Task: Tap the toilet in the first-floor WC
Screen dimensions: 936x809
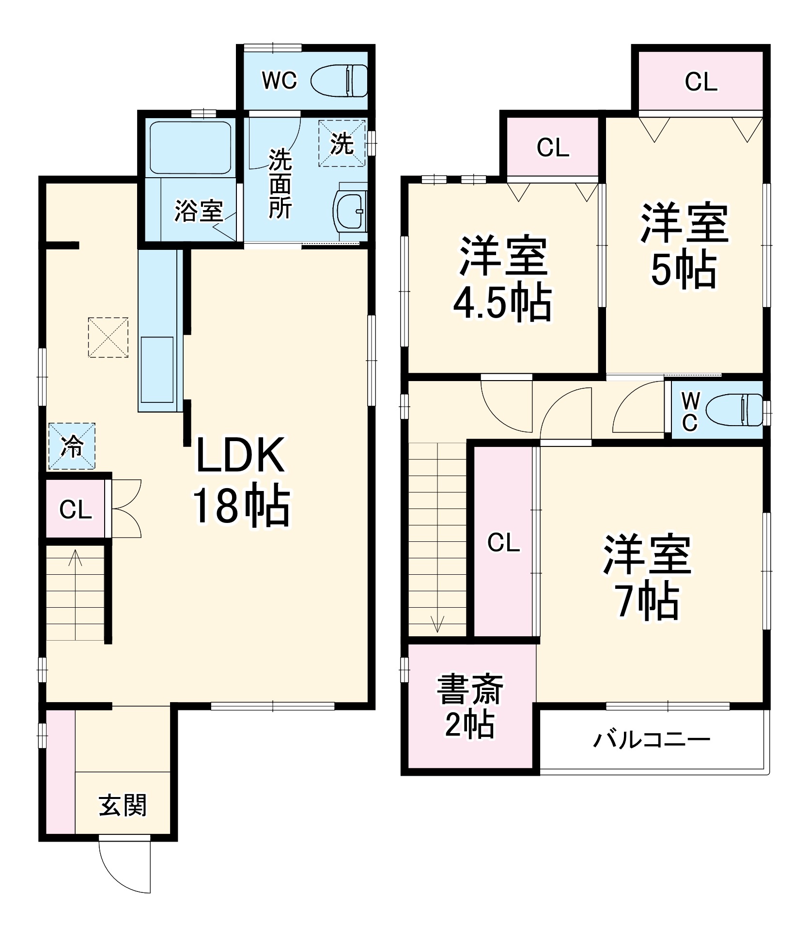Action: (x=339, y=80)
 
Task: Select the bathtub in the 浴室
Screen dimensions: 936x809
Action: (x=190, y=148)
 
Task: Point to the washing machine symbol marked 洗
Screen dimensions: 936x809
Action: (x=342, y=143)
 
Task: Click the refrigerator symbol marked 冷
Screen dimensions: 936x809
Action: (x=72, y=446)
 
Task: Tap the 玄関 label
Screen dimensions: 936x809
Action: (x=123, y=805)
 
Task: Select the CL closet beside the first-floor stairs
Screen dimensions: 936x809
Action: (x=76, y=509)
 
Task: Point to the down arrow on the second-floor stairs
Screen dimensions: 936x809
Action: (x=437, y=624)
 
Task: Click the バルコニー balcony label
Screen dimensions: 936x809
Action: (x=652, y=740)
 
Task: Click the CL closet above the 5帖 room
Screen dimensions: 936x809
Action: (x=700, y=81)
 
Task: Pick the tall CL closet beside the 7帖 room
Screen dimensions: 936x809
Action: (x=503, y=542)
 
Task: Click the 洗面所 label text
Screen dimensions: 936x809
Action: (x=280, y=184)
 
